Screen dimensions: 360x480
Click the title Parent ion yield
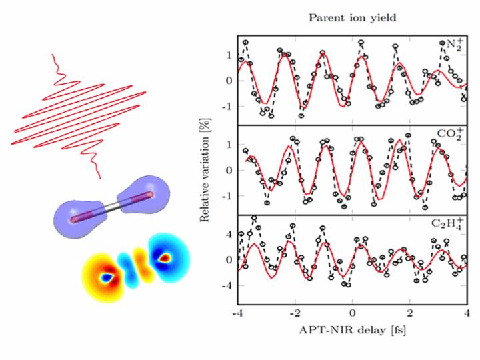click(x=351, y=18)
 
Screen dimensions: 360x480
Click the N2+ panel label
click(x=452, y=47)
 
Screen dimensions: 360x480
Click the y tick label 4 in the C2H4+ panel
click(x=227, y=235)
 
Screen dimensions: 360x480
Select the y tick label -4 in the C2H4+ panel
click(x=224, y=285)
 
